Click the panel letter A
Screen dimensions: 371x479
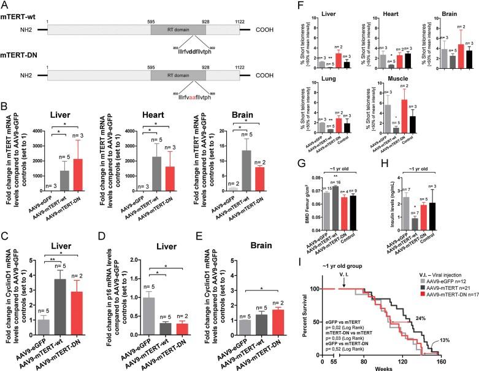click(x=6, y=5)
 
